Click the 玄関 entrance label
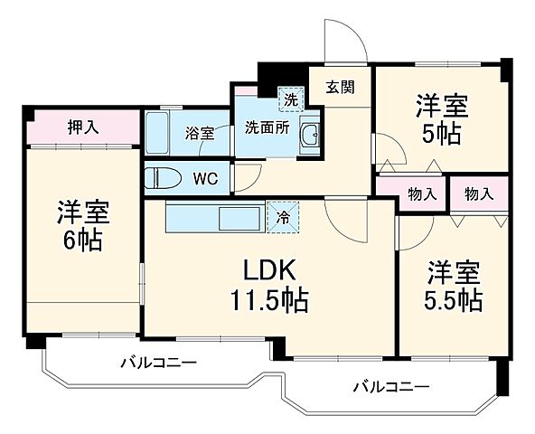pyautogui.click(x=341, y=88)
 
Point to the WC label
pyautogui.click(x=205, y=177)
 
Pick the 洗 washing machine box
pyautogui.click(x=291, y=97)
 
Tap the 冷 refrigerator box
pyautogui.click(x=283, y=217)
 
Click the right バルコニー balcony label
pyautogui.click(x=390, y=387)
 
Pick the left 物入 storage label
pyautogui.click(x=423, y=193)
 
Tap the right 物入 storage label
pyautogui.click(x=478, y=193)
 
